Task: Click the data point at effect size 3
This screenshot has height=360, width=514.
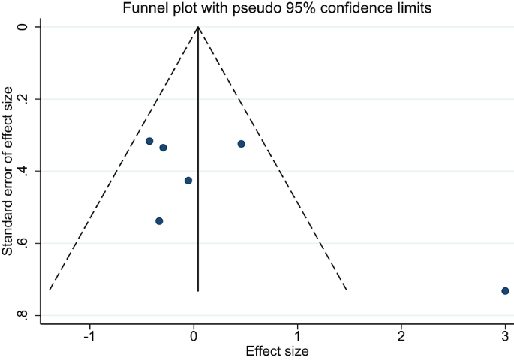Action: pyautogui.click(x=505, y=290)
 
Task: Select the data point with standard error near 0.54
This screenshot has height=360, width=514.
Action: pyautogui.click(x=159, y=220)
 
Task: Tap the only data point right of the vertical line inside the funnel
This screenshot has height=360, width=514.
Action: pyautogui.click(x=241, y=144)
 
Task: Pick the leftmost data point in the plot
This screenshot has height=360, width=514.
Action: pyautogui.click(x=149, y=141)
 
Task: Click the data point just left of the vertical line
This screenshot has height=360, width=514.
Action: pyautogui.click(x=188, y=181)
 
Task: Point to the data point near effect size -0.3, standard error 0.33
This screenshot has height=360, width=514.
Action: pyautogui.click(x=163, y=148)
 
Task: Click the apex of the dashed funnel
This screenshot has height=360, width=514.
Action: pyautogui.click(x=198, y=27)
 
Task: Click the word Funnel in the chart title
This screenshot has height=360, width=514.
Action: pyautogui.click(x=149, y=8)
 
